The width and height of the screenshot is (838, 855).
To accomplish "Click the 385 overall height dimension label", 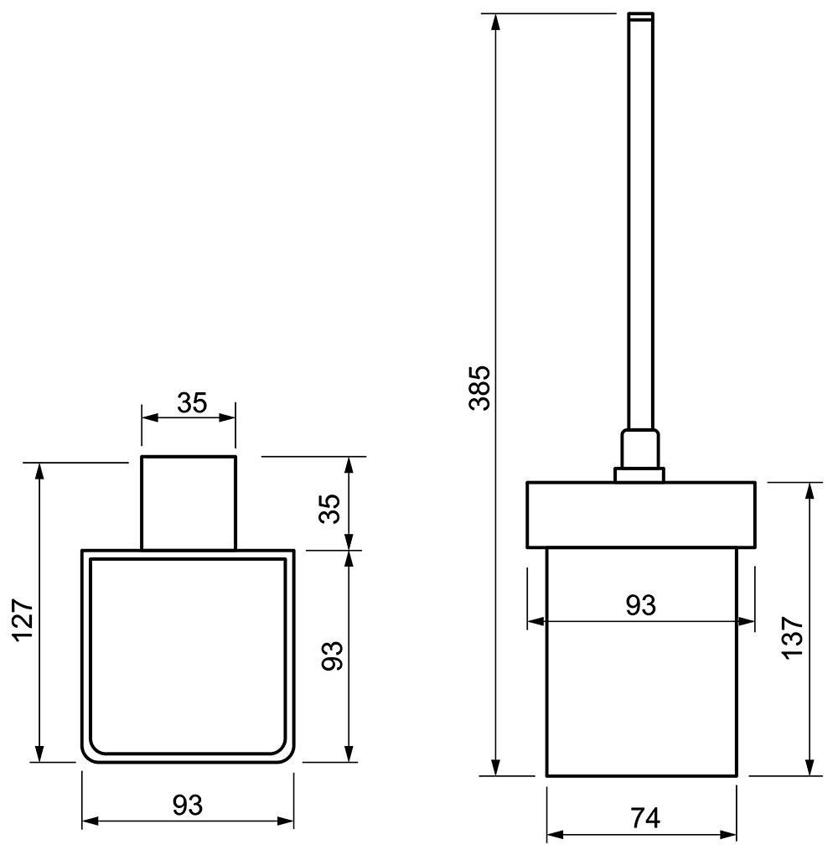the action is click(x=480, y=388).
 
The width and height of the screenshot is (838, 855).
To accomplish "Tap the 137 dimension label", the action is click(x=794, y=638).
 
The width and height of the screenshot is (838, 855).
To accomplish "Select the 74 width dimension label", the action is click(x=645, y=818).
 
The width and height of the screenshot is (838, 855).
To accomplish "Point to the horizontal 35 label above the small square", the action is click(x=192, y=403).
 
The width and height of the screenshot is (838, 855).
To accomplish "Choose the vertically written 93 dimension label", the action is click(x=332, y=656).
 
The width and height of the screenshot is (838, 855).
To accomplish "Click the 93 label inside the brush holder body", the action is click(x=640, y=605).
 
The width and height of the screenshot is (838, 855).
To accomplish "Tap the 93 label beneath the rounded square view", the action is click(x=188, y=806).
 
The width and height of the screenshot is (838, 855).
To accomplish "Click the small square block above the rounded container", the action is click(x=189, y=503).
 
